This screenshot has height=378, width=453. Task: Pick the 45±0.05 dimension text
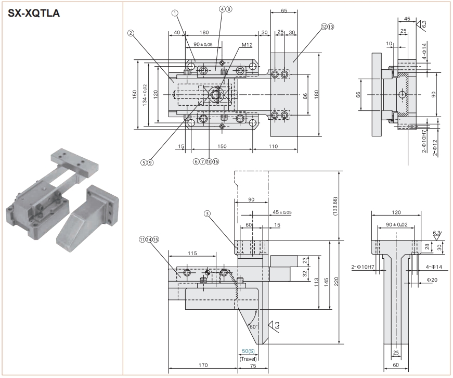tap(282, 212)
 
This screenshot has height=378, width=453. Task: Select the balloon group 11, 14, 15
tap(148, 240)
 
